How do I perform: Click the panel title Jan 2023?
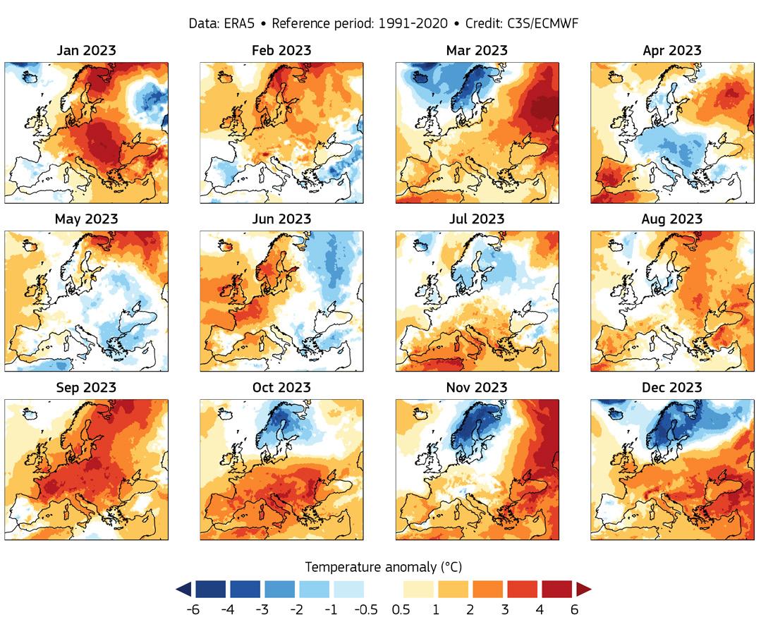86,51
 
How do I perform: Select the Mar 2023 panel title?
477,51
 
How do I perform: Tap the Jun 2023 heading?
281,219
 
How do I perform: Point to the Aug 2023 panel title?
672,219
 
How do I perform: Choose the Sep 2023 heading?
86,388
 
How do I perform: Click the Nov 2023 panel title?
477,388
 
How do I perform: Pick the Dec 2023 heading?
672,388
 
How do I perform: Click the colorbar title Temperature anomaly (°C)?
384,567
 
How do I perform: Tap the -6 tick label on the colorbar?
193,609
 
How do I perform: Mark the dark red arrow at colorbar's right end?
584,589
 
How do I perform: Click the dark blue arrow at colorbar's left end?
183,589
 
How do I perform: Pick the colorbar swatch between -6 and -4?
210,589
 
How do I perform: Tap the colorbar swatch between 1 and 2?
453,589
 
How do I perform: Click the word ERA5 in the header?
244,23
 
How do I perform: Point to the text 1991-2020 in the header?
413,23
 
